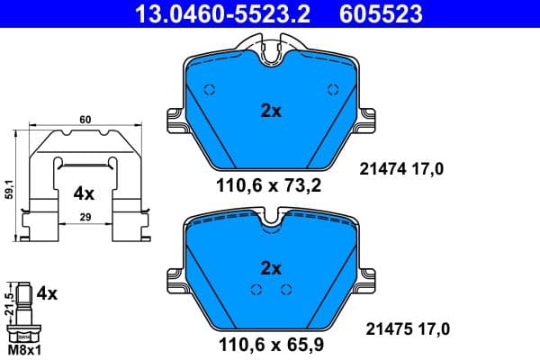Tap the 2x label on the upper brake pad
coord(271,112)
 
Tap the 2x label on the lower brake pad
coord(271,267)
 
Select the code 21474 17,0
coord(402,167)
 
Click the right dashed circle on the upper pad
coord(332,89)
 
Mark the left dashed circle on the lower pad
coord(256,289)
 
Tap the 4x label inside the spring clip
coord(84,193)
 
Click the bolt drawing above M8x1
coord(23,310)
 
